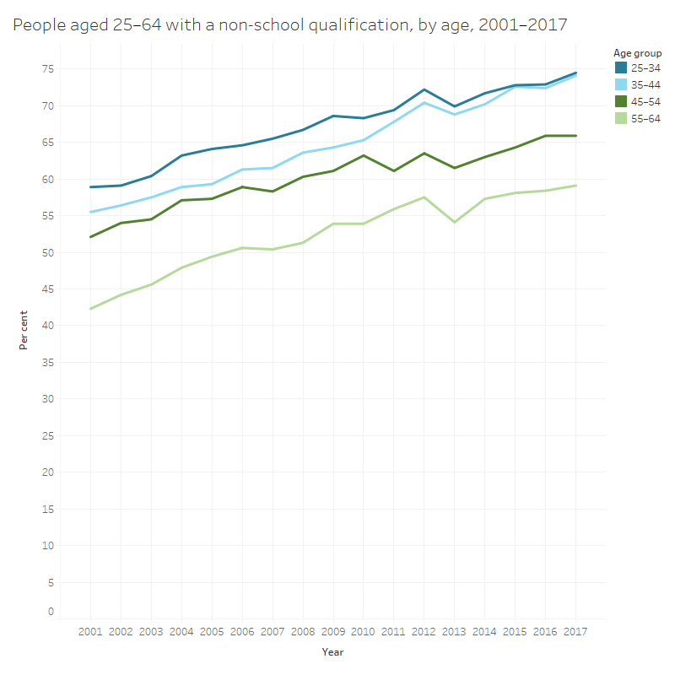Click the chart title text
click(289, 26)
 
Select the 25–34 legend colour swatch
click(620, 67)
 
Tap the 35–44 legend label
click(645, 84)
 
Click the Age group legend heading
click(637, 53)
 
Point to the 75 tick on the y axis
click(49, 69)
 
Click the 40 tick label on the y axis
click(49, 326)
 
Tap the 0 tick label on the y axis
click(51, 611)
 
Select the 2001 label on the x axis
click(90, 632)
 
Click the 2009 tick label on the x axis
click(333, 632)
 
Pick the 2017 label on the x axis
click(576, 632)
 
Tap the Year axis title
click(332, 652)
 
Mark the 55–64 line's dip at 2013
click(455, 222)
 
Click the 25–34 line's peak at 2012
click(424, 89)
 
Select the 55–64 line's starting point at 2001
click(90, 309)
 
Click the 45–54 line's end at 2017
click(576, 136)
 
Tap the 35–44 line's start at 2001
click(90, 212)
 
